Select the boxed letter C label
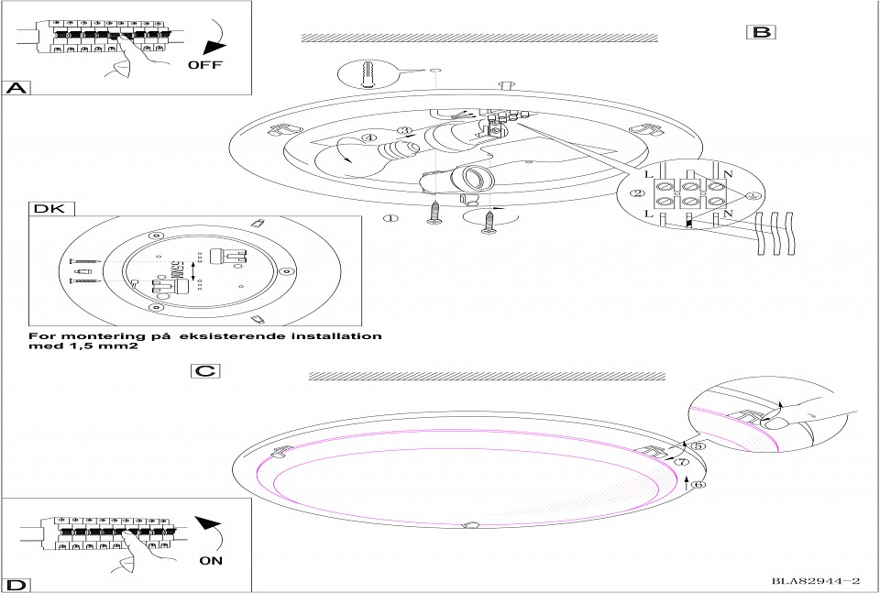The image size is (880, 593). tap(205, 371)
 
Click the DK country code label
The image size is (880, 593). tap(49, 209)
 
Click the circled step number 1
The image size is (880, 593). tap(391, 218)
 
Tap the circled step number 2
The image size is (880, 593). tap(635, 193)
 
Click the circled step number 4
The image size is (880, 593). tap(368, 139)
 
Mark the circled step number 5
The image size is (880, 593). tap(697, 446)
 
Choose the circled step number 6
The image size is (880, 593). tap(698, 485)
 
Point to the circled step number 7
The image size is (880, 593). tap(682, 463)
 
